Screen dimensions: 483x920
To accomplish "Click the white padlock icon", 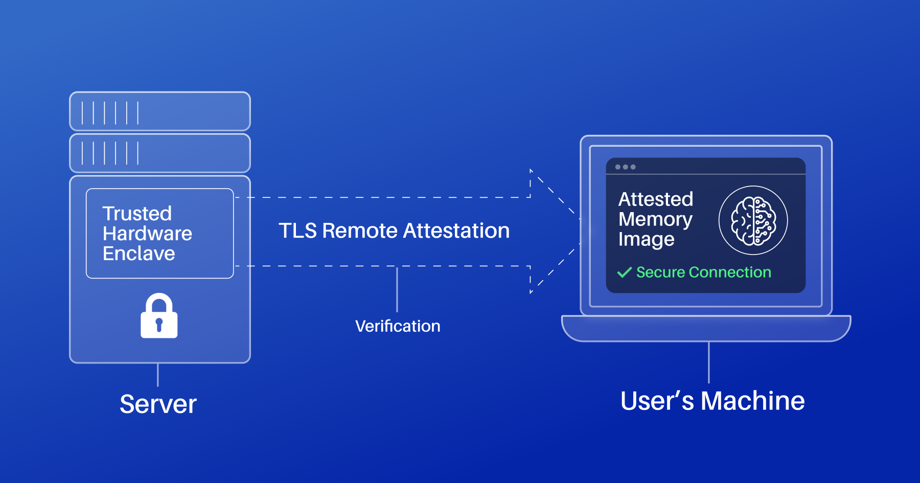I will (x=159, y=317).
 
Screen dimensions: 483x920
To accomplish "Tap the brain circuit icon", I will (x=753, y=220).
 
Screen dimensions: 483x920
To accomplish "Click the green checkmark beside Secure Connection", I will (x=624, y=272).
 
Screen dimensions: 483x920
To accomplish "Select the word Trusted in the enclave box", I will (x=137, y=214).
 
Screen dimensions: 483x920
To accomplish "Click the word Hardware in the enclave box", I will (x=147, y=234).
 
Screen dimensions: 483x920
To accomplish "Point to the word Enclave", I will (x=139, y=254).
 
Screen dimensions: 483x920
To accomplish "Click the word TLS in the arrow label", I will (x=297, y=231).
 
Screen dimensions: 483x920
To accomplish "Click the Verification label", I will (x=398, y=326).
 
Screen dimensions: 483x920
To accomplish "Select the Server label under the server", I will (x=158, y=404).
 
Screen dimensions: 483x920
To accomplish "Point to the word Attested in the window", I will (x=656, y=199).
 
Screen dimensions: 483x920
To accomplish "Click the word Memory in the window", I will (x=655, y=219).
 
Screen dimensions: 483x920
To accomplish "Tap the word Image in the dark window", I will (x=646, y=239).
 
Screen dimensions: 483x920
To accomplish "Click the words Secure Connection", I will (x=703, y=272).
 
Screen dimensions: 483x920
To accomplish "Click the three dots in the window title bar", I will (x=625, y=167).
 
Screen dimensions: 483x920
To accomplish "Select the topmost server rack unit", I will (x=160, y=111).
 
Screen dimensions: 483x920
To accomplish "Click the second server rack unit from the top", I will (x=160, y=153).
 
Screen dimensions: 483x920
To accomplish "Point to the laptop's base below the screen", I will (x=706, y=328).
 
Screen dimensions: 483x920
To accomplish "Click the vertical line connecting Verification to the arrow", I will (x=397, y=289).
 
